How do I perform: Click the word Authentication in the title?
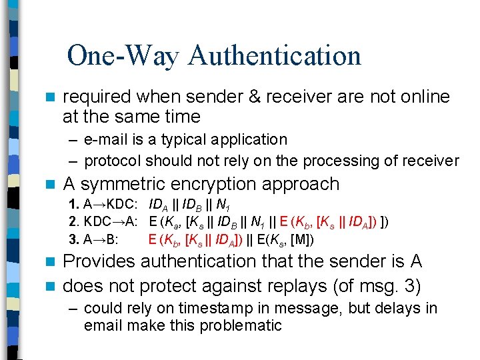pos(274,55)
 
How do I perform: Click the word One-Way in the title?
pos(123,55)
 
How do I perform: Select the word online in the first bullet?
pos(419,97)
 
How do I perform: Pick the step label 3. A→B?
pos(93,239)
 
